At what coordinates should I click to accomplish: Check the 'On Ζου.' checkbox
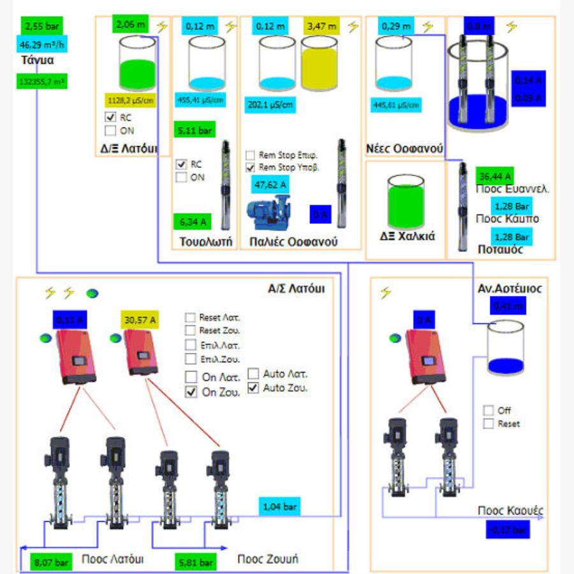click(x=191, y=392)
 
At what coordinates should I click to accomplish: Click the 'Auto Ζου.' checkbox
click(x=253, y=387)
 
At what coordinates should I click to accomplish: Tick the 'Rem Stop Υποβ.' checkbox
click(x=251, y=168)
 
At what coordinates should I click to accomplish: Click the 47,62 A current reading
click(x=270, y=186)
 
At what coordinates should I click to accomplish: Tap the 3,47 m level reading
click(x=321, y=27)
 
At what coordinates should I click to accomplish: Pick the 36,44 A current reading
click(x=494, y=176)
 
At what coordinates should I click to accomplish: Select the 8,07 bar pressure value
click(x=50, y=563)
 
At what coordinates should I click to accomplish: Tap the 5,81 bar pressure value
click(x=196, y=563)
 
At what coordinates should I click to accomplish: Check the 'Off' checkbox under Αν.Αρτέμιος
click(x=489, y=410)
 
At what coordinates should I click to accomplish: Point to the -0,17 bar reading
click(x=508, y=529)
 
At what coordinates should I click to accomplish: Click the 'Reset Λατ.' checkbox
click(x=190, y=317)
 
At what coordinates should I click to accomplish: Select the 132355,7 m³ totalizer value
click(x=43, y=82)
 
